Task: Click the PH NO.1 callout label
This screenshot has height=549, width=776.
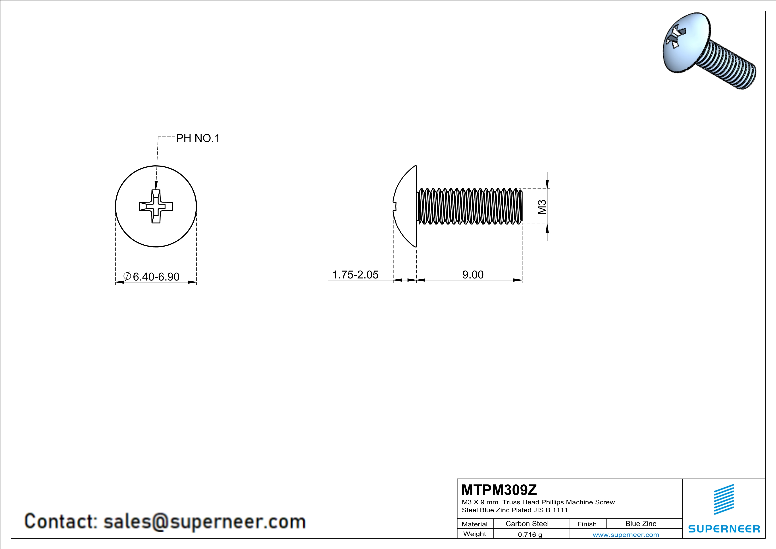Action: (198, 138)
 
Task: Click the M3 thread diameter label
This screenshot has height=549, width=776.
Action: (542, 207)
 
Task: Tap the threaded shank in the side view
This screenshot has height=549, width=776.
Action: (470, 206)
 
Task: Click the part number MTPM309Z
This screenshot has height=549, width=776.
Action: (499, 490)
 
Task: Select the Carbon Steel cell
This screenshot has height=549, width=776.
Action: (527, 524)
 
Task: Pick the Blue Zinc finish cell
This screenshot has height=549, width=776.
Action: (640, 524)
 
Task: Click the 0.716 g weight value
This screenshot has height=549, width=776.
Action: (530, 534)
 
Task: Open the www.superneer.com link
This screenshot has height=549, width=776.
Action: (626, 534)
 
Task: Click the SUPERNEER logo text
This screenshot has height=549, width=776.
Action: (724, 529)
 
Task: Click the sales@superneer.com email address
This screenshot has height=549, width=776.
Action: (204, 521)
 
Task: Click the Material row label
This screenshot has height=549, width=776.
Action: (475, 524)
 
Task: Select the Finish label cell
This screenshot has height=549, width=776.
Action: (587, 524)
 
